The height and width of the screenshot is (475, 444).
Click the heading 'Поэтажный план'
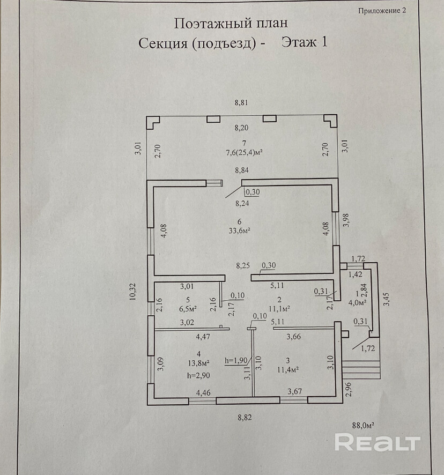tap(230, 23)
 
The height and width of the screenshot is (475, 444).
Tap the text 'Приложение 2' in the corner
tap(381, 11)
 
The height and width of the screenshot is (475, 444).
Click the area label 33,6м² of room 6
tap(241, 231)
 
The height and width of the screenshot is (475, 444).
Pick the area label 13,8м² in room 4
tap(198, 363)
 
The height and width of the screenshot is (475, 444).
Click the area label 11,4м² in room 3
tap(287, 369)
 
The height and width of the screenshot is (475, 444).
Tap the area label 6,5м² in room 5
tap(188, 309)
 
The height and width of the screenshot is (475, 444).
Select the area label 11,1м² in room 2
tap(279, 308)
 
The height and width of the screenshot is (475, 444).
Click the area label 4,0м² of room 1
tap(357, 302)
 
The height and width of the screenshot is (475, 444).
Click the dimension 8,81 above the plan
tap(243, 102)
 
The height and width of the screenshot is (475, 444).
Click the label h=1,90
tap(236, 360)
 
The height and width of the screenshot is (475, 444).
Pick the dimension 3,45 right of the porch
tap(387, 299)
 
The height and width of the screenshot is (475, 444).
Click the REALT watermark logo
tap(377, 443)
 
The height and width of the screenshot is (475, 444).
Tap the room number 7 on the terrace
tap(243, 143)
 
